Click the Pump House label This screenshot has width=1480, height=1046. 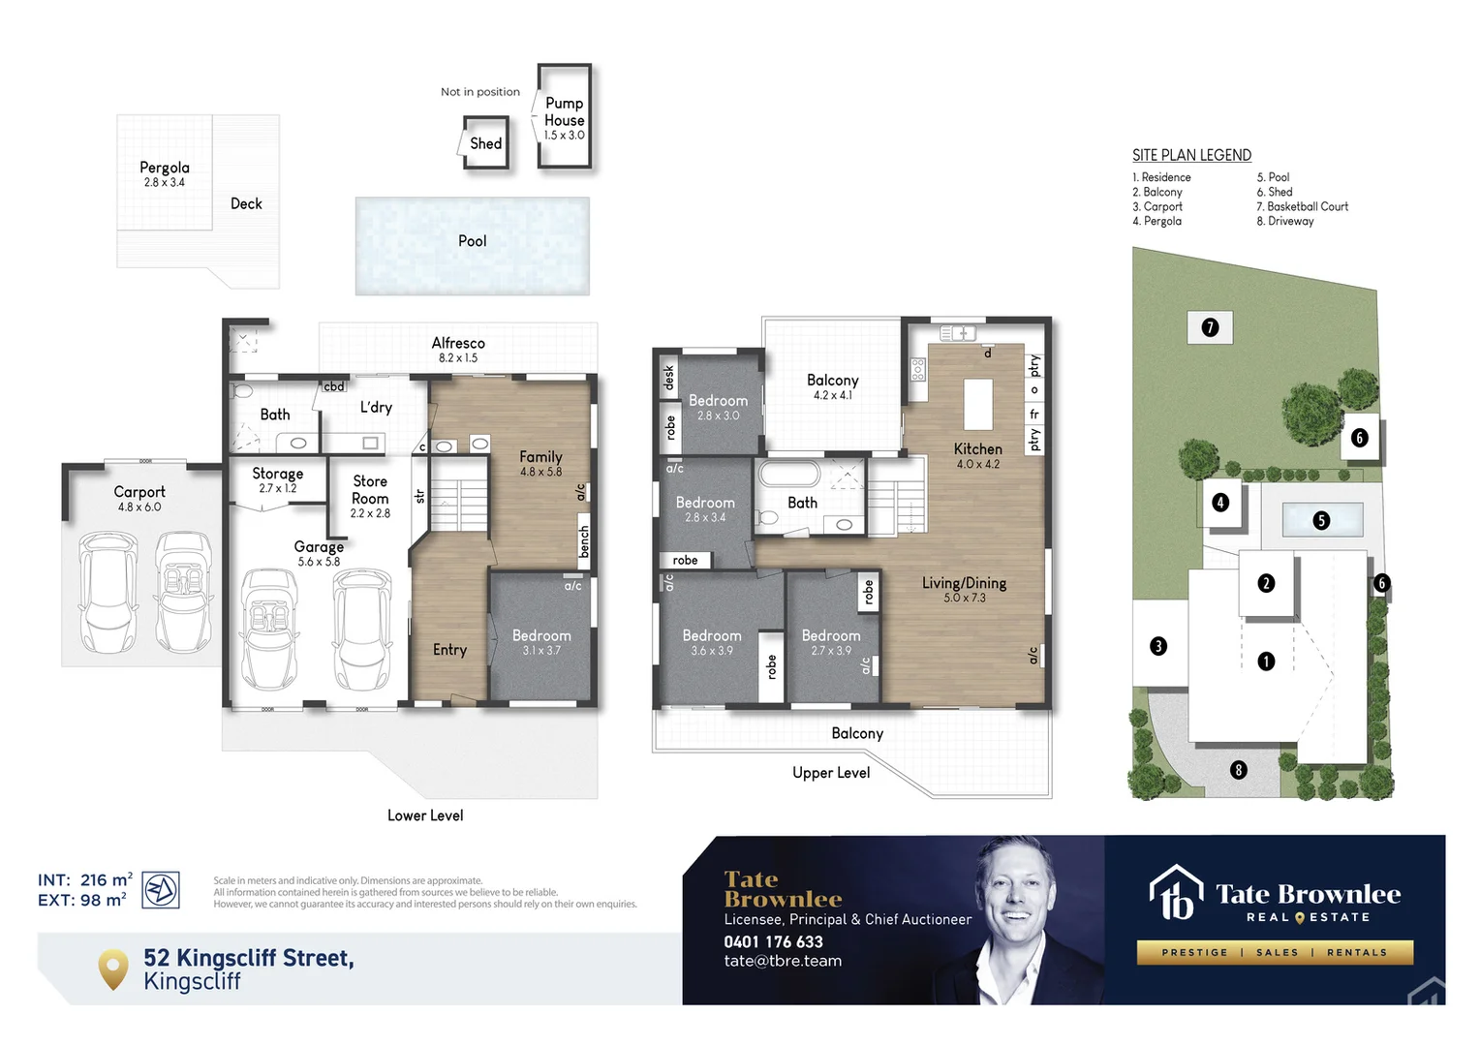pos(564,112)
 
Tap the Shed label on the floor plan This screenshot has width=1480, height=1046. pos(485,143)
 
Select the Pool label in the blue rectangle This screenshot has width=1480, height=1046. pos(472,241)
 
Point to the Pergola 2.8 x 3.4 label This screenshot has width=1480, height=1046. pos(165,174)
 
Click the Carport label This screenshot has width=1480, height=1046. pos(139,492)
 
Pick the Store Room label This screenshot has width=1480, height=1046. pos(370,490)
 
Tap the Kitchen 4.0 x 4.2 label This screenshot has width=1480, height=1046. pos(977,455)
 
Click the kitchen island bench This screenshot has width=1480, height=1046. pos(977,404)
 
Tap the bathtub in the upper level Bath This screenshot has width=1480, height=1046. pos(789,474)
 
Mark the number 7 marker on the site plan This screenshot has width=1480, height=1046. pos(1210,327)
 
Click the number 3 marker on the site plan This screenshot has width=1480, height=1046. pos(1158,646)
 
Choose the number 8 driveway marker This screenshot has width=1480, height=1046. pos(1238,770)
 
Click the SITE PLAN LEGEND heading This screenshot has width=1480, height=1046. pos(1191,155)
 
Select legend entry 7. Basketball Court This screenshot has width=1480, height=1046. pos(1302,206)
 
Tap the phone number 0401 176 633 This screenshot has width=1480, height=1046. pos(773,941)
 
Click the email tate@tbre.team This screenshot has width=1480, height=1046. pos(783,961)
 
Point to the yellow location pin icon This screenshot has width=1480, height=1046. pos(113,969)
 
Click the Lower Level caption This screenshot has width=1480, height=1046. pos(425,815)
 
